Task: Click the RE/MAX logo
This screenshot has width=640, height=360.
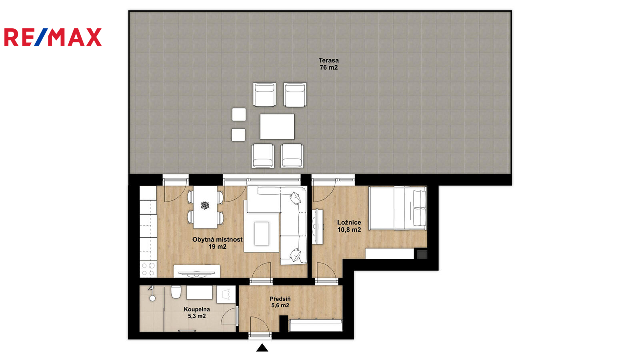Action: coord(53,37)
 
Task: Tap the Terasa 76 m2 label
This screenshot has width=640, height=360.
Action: coord(328,64)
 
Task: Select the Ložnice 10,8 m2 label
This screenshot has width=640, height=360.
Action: coord(349,226)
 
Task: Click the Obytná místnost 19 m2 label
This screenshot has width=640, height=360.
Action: coord(217,243)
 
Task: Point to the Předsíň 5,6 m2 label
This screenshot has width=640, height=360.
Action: coord(280,302)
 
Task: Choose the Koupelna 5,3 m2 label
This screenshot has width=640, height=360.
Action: coord(196,312)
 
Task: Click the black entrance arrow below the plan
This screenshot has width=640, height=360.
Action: coord(262,348)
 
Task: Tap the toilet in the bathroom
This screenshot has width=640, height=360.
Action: coord(176,292)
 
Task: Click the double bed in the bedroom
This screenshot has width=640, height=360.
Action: coord(398,208)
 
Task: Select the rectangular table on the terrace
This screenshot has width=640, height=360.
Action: coord(277,126)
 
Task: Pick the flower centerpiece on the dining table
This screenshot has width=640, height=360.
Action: coord(205,205)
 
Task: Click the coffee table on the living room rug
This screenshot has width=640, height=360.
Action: coord(262,234)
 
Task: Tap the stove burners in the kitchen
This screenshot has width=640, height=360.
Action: coord(148,270)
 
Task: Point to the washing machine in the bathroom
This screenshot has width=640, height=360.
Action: coord(226,294)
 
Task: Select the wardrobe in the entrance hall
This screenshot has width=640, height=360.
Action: coord(316,326)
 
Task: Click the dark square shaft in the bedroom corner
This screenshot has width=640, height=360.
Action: coord(422,254)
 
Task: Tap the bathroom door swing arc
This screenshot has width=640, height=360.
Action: coord(228,316)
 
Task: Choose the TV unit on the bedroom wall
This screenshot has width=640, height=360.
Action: coord(318,226)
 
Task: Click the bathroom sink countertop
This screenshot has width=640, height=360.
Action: coord(200,292)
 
